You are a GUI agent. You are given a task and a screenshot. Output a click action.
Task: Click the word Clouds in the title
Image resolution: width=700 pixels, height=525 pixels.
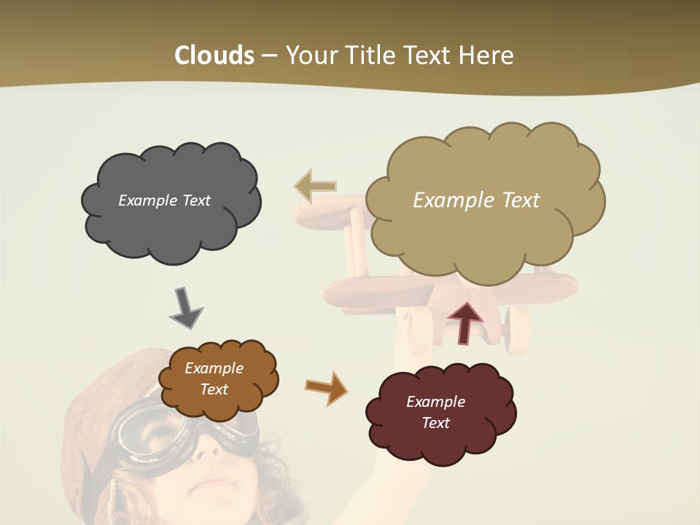coord(214,55)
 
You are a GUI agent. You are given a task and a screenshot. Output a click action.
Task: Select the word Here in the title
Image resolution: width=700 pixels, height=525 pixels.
coord(489,55)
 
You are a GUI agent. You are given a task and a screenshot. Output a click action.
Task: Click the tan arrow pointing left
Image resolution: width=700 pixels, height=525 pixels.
coord(315,186)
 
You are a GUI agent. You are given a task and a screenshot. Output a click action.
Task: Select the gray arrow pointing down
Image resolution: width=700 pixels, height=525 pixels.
coord(185,306)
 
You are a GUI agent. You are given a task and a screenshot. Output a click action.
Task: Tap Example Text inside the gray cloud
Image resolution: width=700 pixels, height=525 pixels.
coord(164,201)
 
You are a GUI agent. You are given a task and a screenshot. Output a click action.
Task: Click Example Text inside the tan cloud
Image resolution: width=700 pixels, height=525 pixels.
coord(476,201)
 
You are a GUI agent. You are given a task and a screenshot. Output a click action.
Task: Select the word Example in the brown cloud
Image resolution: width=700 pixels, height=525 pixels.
coord(214,368)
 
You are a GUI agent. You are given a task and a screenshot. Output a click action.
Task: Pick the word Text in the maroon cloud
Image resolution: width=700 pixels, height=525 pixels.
coord(435,423)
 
